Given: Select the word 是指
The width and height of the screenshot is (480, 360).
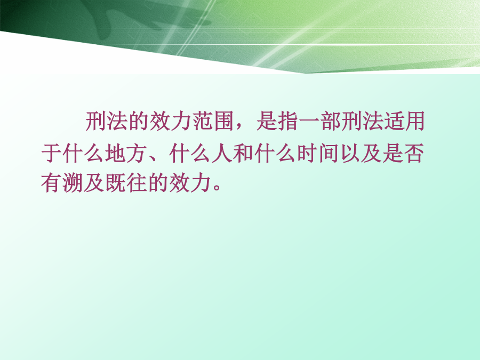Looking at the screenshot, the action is (277, 121).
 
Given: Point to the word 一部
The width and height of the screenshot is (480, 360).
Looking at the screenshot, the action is (320, 121).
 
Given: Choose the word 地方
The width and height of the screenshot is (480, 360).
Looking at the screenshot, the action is (125, 153).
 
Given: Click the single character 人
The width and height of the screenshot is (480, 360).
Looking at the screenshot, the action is (222, 153).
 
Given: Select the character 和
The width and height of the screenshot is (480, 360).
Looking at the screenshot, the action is (243, 153).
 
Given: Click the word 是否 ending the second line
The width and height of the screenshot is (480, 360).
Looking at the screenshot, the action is (403, 153).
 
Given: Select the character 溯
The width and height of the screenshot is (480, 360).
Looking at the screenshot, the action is (73, 183).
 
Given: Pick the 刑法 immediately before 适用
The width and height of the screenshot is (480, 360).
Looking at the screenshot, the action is (362, 121).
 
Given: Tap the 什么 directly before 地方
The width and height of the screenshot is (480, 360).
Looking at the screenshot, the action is (83, 153).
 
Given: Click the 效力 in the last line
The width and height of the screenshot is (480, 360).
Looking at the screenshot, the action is (190, 183).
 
